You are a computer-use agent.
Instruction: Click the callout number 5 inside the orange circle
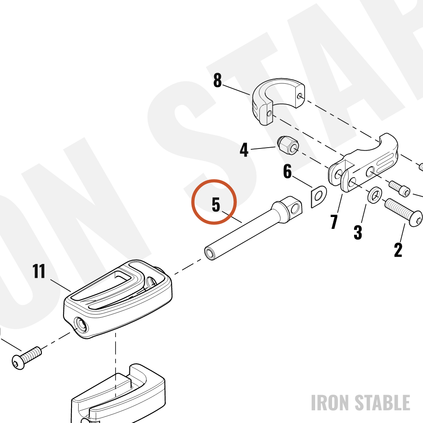point(216,204)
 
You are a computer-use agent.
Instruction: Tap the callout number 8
point(217,80)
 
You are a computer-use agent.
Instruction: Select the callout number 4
point(244,150)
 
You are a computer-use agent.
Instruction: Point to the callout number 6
point(288,171)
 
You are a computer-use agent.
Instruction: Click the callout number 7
point(334,222)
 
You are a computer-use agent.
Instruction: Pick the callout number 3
point(358,232)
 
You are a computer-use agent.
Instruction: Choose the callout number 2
point(398,250)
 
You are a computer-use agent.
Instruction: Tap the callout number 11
point(39,271)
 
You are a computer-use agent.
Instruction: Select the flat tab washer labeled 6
point(319,197)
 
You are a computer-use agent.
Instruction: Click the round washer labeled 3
point(374,195)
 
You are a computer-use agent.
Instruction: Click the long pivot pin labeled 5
point(253,228)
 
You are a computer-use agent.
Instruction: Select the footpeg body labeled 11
point(118,299)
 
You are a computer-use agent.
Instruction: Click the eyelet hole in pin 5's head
point(295,209)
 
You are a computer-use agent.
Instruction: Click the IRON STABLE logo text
point(360,403)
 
